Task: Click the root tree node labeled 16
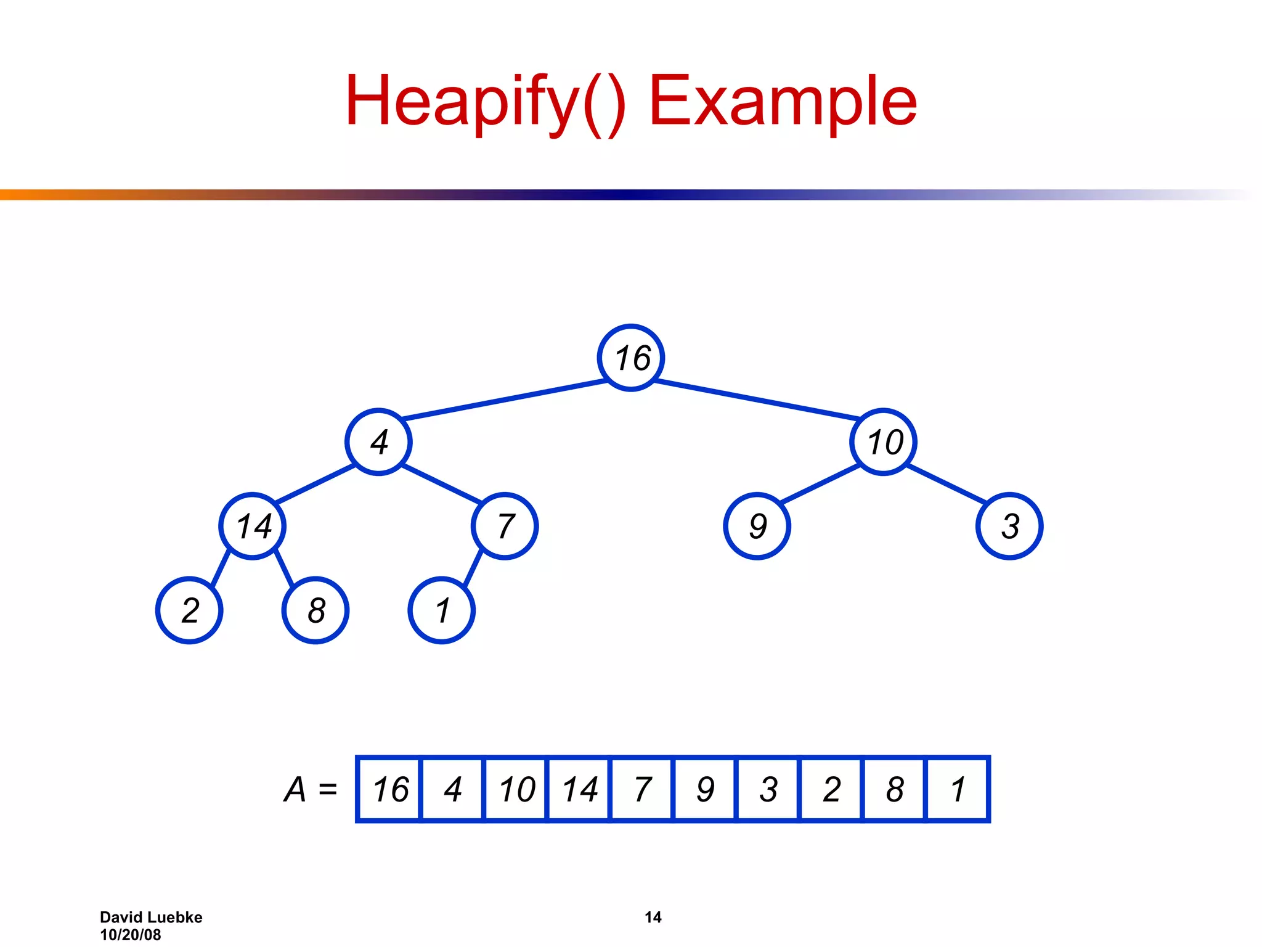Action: point(631,358)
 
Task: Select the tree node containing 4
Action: point(378,442)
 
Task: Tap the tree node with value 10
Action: point(884,442)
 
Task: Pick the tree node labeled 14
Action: point(253,526)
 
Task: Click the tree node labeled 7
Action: point(505,526)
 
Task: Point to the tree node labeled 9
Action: point(757,526)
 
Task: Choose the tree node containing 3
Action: point(1009,526)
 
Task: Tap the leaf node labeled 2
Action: point(189,610)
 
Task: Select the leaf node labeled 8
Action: point(315,610)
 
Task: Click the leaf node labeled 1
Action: point(442,610)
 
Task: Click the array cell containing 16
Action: point(389,789)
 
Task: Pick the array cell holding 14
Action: point(579,789)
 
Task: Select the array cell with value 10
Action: point(516,789)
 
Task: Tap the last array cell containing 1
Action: point(958,789)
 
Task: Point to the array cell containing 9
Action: point(705,789)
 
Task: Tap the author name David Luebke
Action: point(151,917)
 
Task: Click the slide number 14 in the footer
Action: point(653,917)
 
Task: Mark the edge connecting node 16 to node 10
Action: point(757,400)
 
